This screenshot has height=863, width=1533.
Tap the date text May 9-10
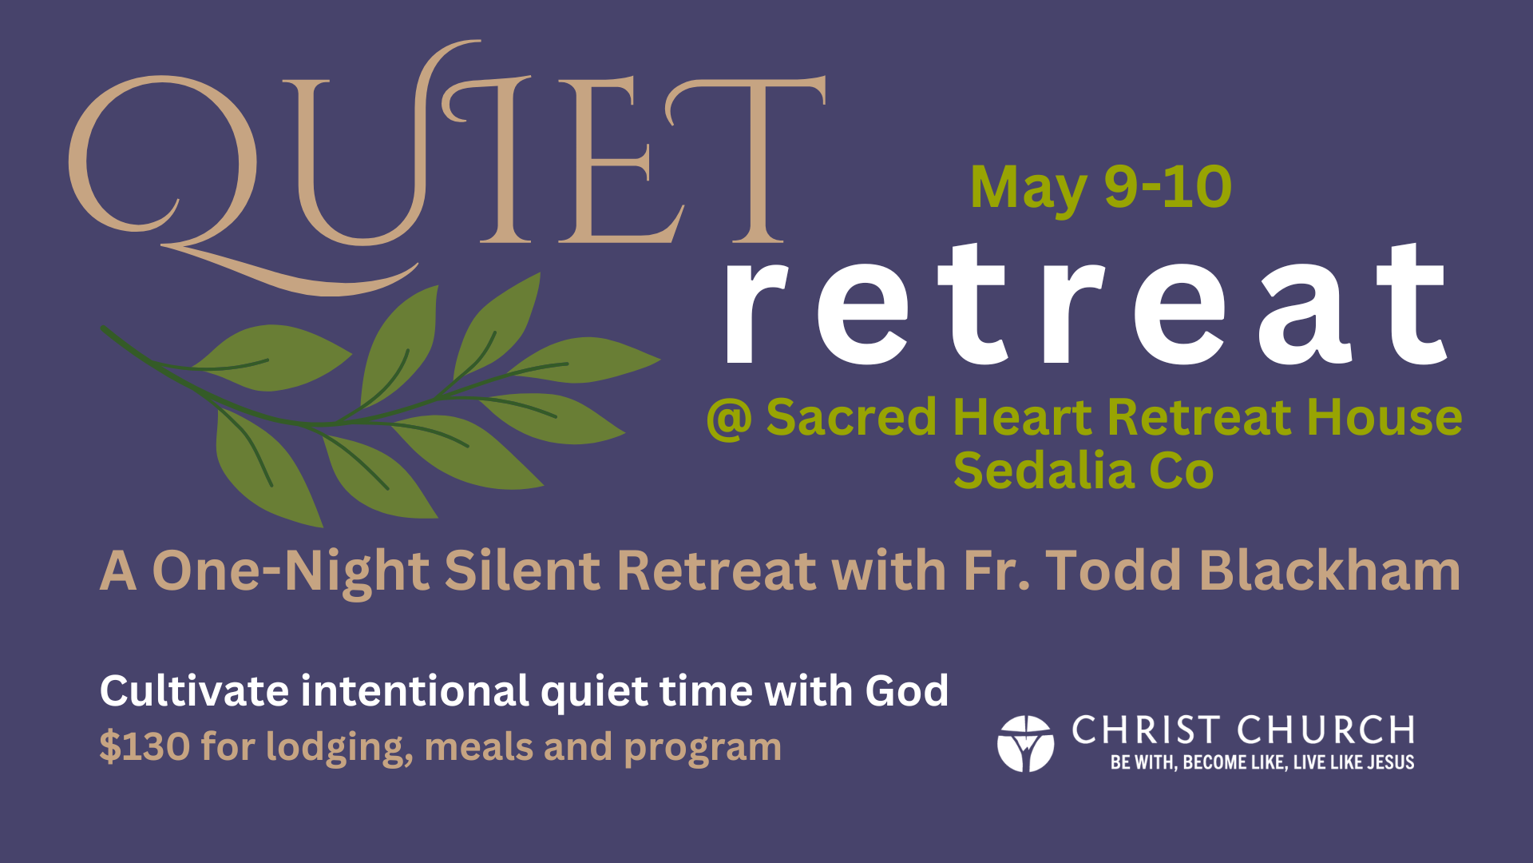(x=1101, y=189)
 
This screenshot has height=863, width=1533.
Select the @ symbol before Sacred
(x=729, y=419)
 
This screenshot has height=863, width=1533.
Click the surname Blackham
(x=1329, y=571)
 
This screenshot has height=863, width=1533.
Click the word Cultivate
(x=194, y=690)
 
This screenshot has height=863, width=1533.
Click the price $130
(x=145, y=746)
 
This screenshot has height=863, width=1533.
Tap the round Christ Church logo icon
(x=1025, y=744)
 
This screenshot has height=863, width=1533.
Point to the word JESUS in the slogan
(x=1390, y=762)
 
